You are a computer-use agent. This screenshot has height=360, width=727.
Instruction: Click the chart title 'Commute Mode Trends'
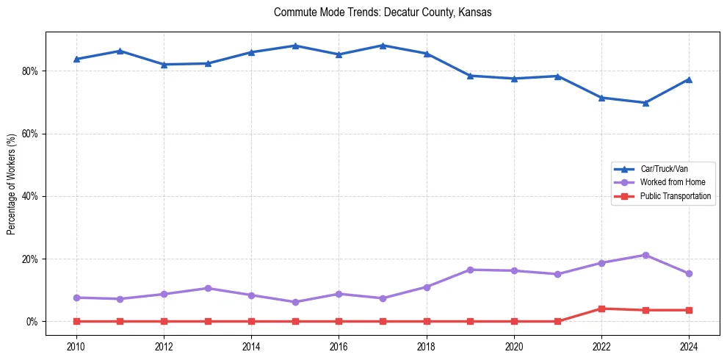pyautogui.click(x=382, y=12)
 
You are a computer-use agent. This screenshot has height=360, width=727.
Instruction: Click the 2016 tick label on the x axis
pyautogui.click(x=339, y=346)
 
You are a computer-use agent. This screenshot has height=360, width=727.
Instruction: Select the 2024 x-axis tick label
pyautogui.click(x=689, y=346)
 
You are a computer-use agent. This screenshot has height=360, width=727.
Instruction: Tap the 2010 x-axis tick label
pyautogui.click(x=76, y=346)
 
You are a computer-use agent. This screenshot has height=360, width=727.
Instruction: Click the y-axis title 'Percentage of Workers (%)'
pyautogui.click(x=12, y=184)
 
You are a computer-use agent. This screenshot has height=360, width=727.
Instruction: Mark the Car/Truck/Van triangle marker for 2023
pyautogui.click(x=645, y=103)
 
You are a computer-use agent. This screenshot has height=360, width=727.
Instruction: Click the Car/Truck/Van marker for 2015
pyautogui.click(x=295, y=46)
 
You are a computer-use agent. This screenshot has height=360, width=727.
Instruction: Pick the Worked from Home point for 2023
pyautogui.click(x=645, y=255)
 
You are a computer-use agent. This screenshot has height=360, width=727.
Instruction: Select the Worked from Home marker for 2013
pyautogui.click(x=208, y=288)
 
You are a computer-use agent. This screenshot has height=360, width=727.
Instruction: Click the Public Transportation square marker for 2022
pyautogui.click(x=601, y=309)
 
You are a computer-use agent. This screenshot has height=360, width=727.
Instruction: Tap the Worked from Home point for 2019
pyautogui.click(x=470, y=270)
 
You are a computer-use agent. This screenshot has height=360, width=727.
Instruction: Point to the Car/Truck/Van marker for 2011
pyautogui.click(x=120, y=51)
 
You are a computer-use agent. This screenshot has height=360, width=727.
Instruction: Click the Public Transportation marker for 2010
pyautogui.click(x=76, y=321)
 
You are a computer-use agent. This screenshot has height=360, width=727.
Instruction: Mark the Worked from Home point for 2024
pyautogui.click(x=689, y=273)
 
